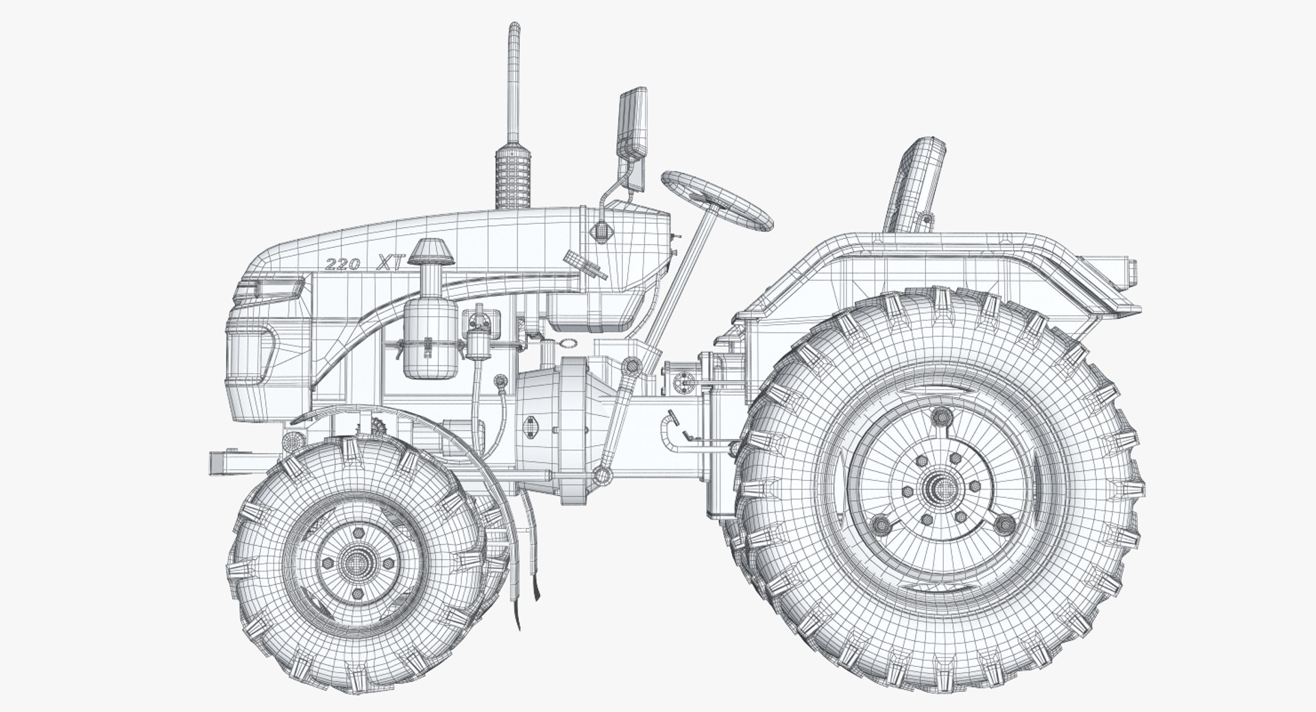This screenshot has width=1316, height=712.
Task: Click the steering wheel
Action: click(x=718, y=200)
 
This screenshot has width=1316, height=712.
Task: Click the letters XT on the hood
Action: click(x=393, y=261)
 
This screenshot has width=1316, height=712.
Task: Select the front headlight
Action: click(x=269, y=290)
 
